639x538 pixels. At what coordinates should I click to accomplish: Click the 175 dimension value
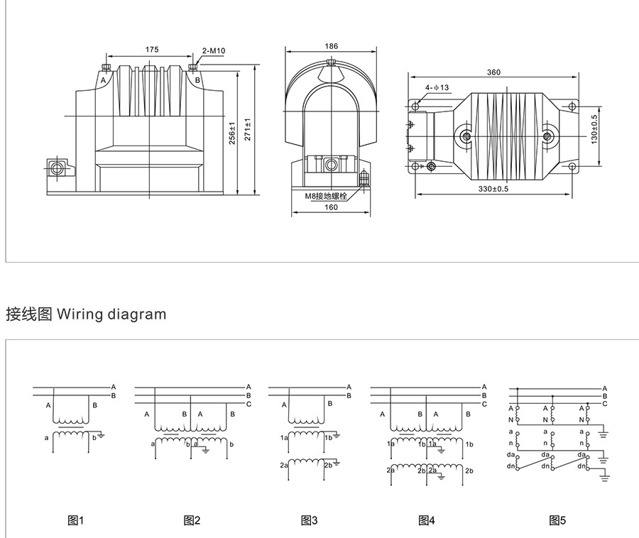click(151, 50)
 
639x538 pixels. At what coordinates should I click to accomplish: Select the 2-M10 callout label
click(213, 50)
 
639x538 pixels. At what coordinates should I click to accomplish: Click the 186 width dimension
click(331, 45)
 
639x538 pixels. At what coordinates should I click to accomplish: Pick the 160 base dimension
click(331, 207)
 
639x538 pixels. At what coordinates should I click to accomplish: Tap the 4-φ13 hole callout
click(437, 88)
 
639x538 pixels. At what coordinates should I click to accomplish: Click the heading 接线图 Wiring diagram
click(86, 313)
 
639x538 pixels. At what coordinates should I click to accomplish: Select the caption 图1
click(75, 520)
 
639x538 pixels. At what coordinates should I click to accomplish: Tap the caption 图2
click(192, 520)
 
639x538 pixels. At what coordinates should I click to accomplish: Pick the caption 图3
click(309, 520)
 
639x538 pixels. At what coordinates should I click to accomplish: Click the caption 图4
click(426, 520)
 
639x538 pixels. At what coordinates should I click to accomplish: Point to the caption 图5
click(557, 520)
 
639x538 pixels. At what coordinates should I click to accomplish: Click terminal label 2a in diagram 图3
click(284, 466)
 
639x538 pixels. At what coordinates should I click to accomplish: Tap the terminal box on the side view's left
click(57, 168)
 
